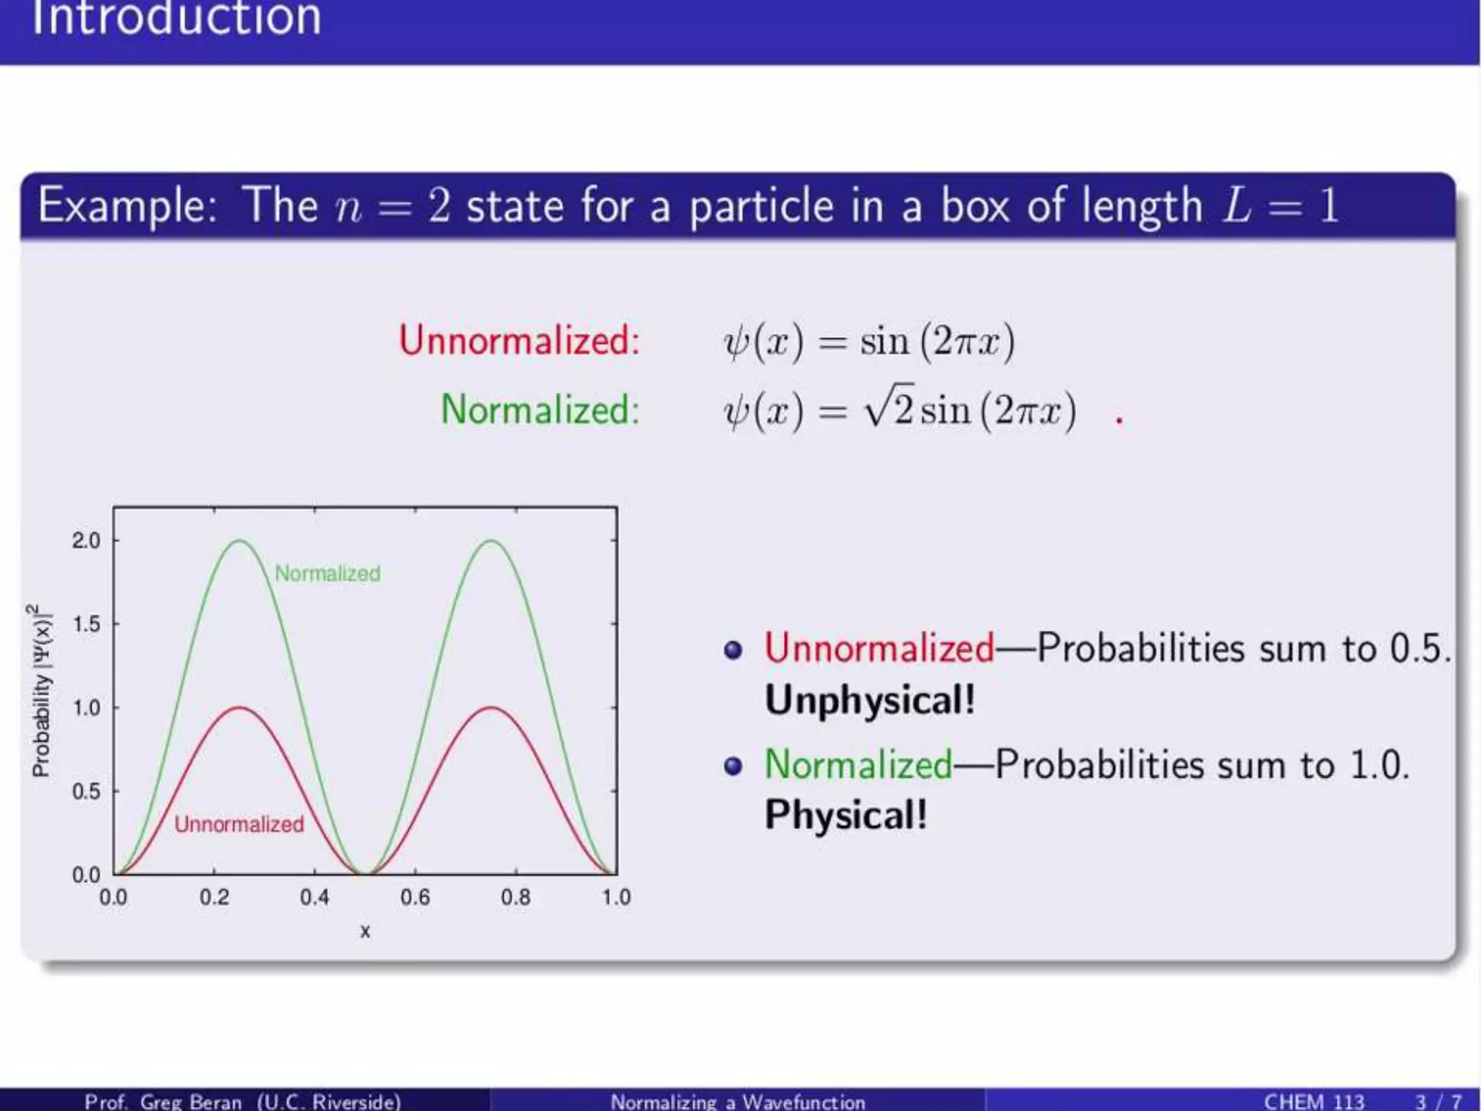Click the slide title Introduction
tap(176, 17)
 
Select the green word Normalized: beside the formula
tap(540, 409)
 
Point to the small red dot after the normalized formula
tap(1119, 420)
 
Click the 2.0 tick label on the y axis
tap(86, 540)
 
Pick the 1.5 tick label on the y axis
tap(86, 623)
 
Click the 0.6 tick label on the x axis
tap(415, 898)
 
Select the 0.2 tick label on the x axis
tap(214, 898)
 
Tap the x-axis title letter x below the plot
tap(365, 932)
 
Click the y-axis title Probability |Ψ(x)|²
tap(42, 691)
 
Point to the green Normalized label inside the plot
tap(328, 574)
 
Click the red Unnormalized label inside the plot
tap(239, 824)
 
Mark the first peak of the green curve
tap(239, 540)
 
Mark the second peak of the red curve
tap(491, 707)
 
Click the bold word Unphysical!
tap(870, 699)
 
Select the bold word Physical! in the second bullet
tap(846, 814)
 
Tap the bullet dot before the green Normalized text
tap(733, 766)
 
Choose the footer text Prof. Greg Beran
tap(163, 1101)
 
